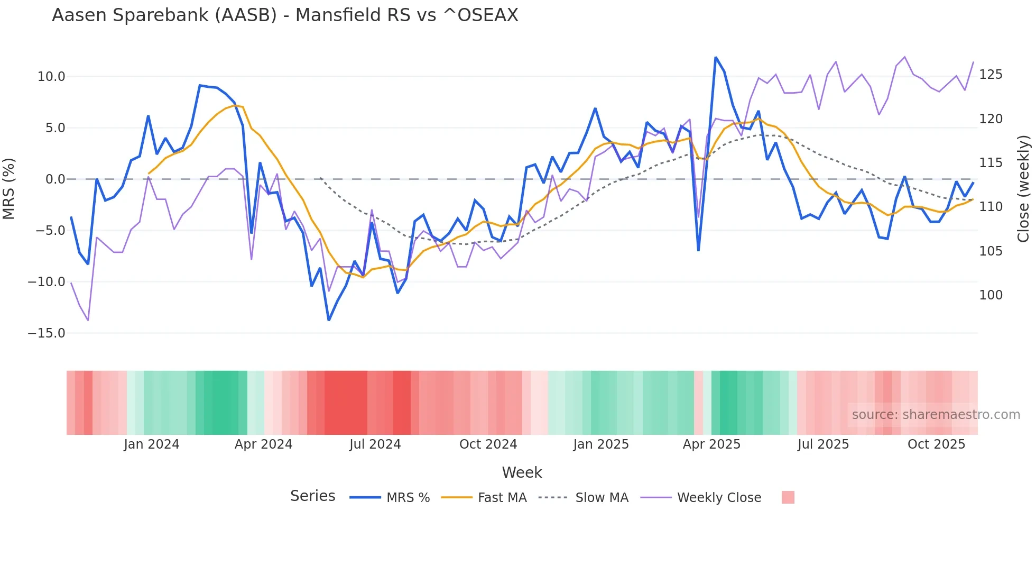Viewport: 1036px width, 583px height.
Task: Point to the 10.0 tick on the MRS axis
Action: [x=51, y=77]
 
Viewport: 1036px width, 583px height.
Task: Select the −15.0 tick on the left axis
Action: [x=47, y=333]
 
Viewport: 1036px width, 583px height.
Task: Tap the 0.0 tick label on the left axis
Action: [x=55, y=179]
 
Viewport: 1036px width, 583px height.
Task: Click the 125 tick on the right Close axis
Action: [x=991, y=75]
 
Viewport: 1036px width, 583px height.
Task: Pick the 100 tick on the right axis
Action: [x=991, y=295]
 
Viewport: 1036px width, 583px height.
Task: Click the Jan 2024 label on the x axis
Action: [x=152, y=444]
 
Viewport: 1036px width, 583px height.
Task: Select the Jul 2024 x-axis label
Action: [x=375, y=444]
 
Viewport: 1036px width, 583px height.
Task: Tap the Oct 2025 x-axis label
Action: [x=936, y=444]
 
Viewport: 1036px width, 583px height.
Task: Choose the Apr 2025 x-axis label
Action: [x=711, y=444]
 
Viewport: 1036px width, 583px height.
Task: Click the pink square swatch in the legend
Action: [x=788, y=497]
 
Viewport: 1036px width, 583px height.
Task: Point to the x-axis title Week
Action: [x=522, y=472]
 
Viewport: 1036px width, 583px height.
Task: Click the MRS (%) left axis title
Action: [x=9, y=188]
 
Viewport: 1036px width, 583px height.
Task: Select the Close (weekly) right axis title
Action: [x=1024, y=188]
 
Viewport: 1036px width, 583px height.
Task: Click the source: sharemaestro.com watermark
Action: [x=936, y=415]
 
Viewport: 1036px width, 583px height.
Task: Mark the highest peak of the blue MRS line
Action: [x=716, y=57]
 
